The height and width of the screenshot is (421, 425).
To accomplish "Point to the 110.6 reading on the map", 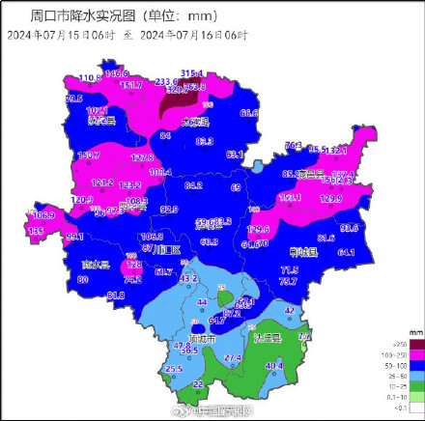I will coord(90,77).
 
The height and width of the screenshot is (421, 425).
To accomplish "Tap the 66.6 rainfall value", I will coord(250,113).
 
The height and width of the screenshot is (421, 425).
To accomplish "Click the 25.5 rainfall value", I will coord(174,369).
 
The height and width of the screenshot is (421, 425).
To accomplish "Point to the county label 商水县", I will coord(97,264).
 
